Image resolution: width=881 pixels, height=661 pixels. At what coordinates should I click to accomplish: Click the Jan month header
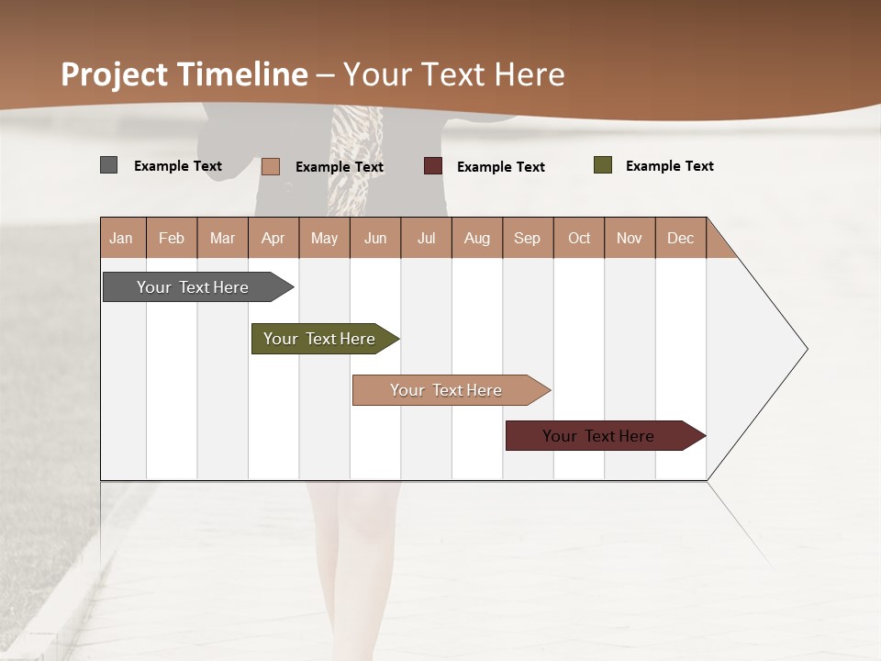pyautogui.click(x=121, y=238)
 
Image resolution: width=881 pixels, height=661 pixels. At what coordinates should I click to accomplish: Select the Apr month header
pyautogui.click(x=273, y=238)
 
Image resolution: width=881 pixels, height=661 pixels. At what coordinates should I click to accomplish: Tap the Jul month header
pyautogui.click(x=426, y=238)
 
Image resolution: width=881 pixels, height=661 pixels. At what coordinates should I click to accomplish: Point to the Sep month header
pyautogui.click(x=527, y=238)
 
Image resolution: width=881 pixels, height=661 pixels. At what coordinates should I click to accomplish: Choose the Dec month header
pyautogui.click(x=680, y=238)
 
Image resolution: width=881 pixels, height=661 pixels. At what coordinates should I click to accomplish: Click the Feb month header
pyautogui.click(x=172, y=238)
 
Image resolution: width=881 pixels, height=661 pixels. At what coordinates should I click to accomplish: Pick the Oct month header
pyautogui.click(x=579, y=238)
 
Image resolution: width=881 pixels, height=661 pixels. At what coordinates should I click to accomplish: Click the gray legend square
pyautogui.click(x=108, y=165)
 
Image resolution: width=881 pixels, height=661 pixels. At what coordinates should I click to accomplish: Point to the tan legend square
pyautogui.click(x=271, y=166)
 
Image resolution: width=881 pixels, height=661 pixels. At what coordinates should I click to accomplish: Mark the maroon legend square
pyautogui.click(x=433, y=166)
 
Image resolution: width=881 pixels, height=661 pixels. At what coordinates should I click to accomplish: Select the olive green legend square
pyautogui.click(x=602, y=165)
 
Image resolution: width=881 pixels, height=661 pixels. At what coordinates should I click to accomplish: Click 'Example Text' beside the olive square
pyautogui.click(x=669, y=166)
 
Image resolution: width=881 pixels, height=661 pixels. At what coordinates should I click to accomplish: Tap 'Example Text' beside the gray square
pyautogui.click(x=178, y=166)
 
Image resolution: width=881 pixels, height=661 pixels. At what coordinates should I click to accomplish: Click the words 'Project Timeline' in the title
pyautogui.click(x=184, y=74)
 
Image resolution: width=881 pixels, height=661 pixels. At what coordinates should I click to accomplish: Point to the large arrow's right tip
pyautogui.click(x=806, y=349)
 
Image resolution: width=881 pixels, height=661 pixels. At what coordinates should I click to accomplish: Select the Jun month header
pyautogui.click(x=374, y=238)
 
